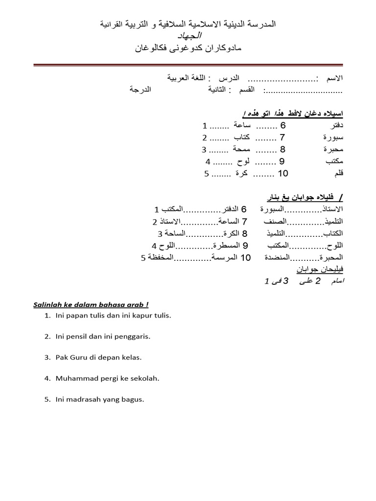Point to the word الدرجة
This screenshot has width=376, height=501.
tap(140, 90)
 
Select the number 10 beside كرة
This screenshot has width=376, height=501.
tap(283, 173)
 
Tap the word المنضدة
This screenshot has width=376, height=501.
tap(277, 257)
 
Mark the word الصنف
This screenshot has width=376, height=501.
tap(276, 221)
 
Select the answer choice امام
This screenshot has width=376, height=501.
tap(337, 281)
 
